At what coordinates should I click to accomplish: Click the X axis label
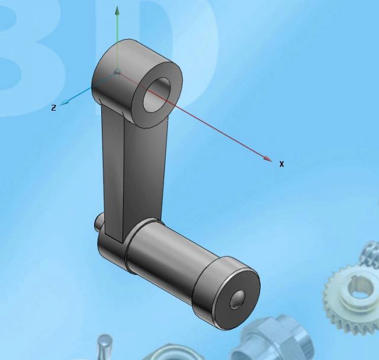281,164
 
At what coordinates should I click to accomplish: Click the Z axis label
53,108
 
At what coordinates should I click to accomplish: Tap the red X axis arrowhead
268,159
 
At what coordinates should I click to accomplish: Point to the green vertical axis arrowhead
117,10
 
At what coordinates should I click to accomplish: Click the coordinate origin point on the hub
117,72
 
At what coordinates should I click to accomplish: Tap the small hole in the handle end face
239,298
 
